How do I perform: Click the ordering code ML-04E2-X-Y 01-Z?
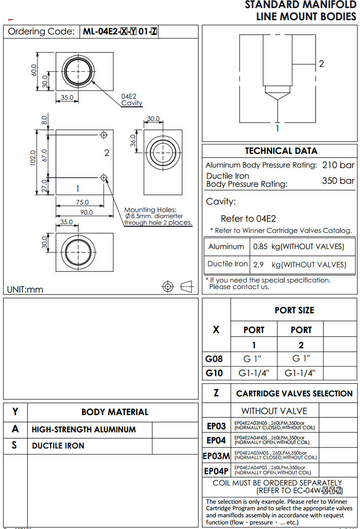tap(120, 31)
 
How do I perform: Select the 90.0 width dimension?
tap(87, 213)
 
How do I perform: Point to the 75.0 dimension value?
tap(82, 202)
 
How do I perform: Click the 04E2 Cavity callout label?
tap(131, 100)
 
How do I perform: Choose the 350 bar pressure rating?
tap(338, 181)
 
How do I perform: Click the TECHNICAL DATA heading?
tap(281, 151)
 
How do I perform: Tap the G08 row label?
tap(214, 359)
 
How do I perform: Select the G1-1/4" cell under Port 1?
tap(254, 374)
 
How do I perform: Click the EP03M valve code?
tap(216, 456)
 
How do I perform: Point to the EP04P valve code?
tap(216, 471)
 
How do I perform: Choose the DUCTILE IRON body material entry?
tap(58, 446)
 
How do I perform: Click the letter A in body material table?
tap(15, 429)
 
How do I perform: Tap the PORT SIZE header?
tap(294, 310)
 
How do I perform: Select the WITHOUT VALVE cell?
tap(274, 411)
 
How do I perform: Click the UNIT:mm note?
tap(25, 290)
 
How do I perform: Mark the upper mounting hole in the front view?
tap(104, 135)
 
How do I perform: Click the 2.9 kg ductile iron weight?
tap(258, 264)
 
